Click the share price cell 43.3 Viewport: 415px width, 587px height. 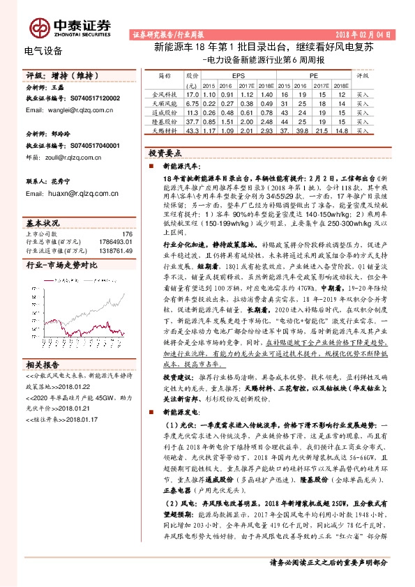193,130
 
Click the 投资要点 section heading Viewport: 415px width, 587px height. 165,152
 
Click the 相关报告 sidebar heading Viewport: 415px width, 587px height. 43,365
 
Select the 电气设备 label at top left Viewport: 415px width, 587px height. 43,51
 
